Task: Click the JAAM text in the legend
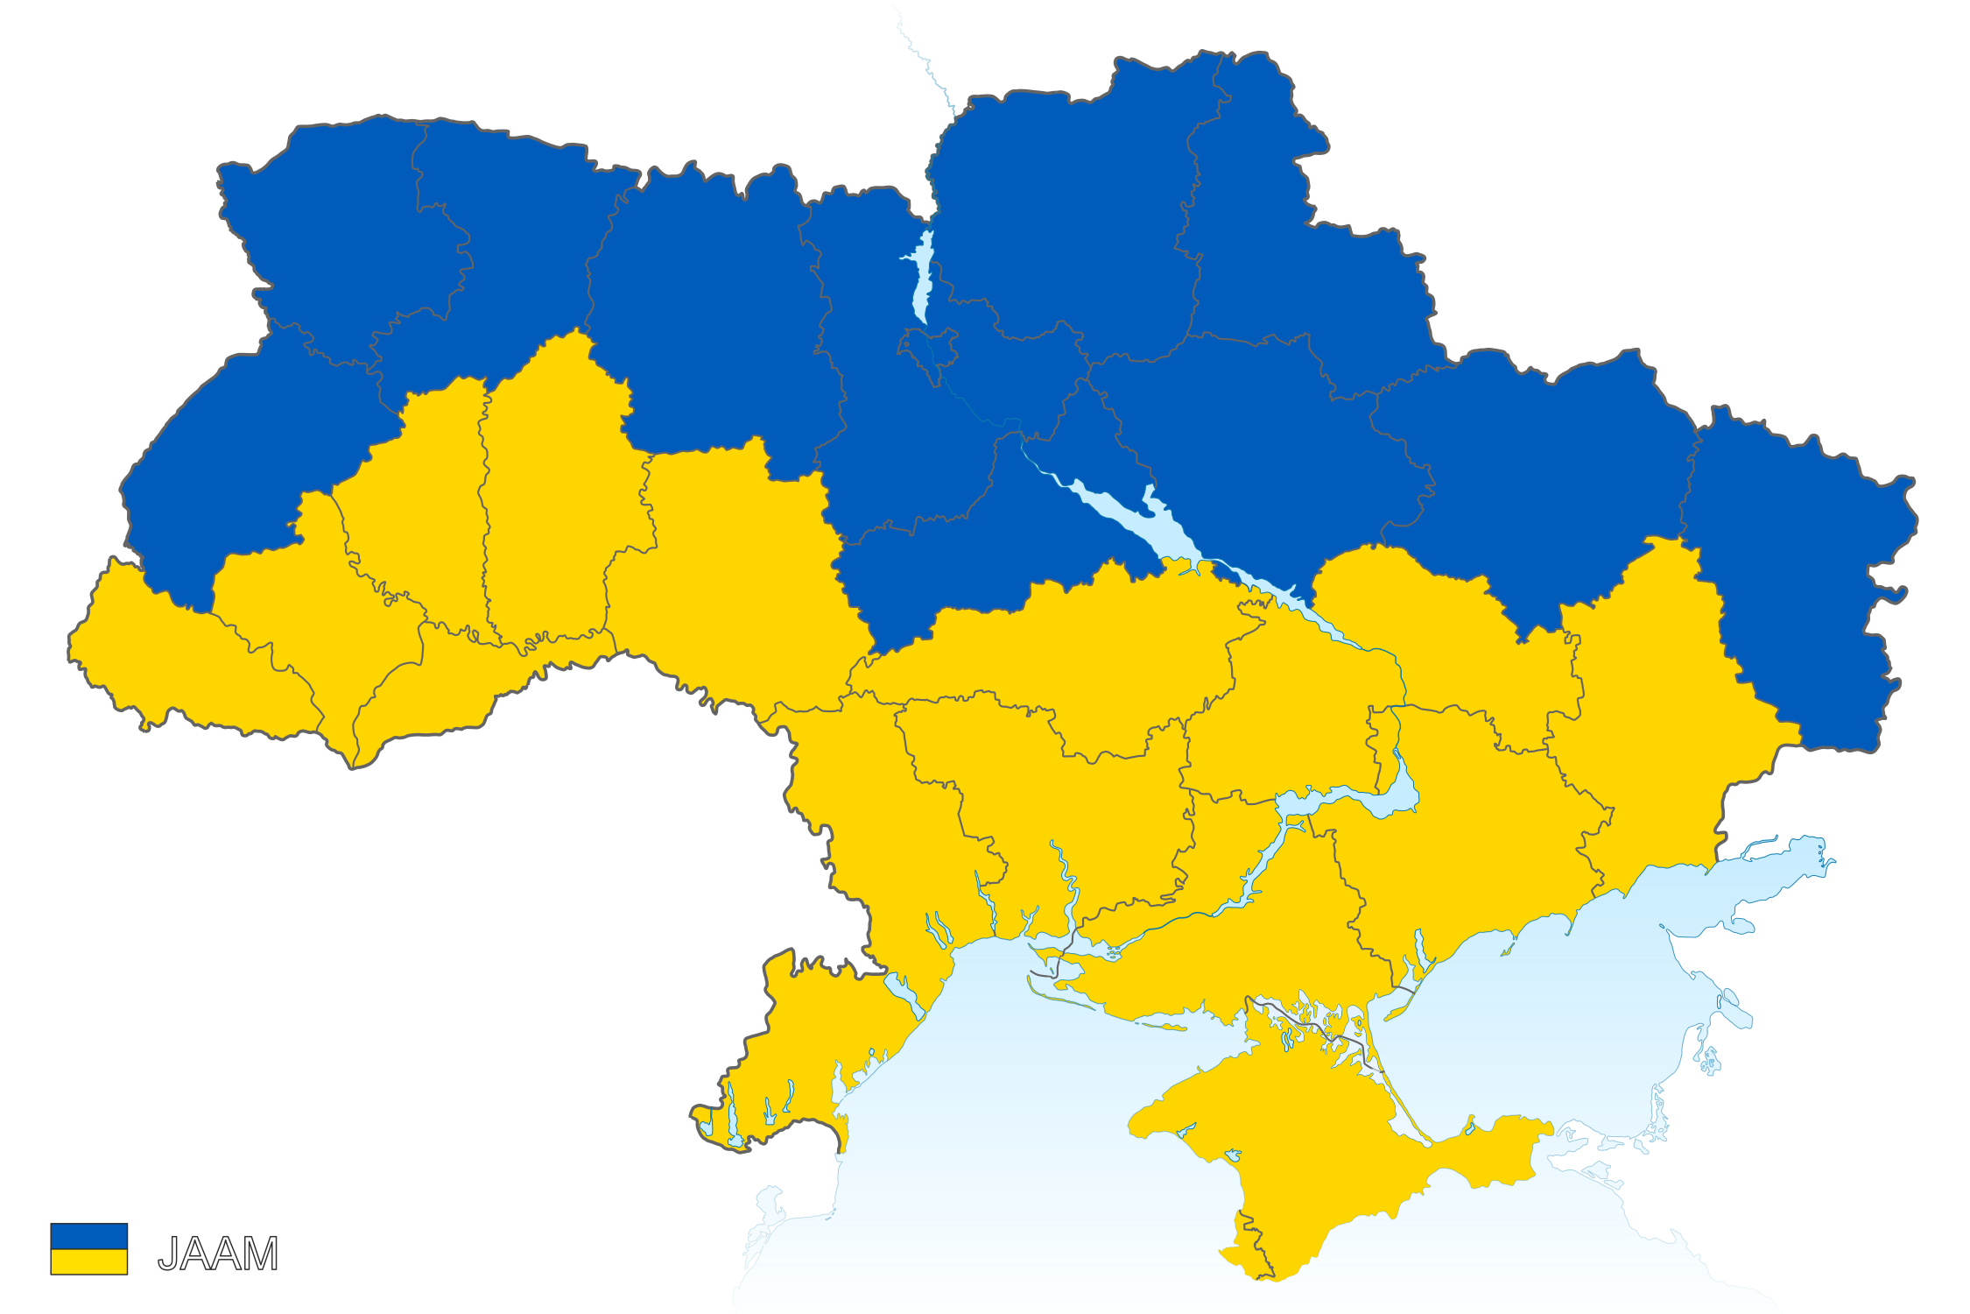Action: tap(217, 1254)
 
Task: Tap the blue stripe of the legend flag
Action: tap(88, 1236)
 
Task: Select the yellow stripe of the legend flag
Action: tap(88, 1261)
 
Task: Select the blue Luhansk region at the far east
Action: tap(1795, 569)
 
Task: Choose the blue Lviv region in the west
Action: tap(236, 456)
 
